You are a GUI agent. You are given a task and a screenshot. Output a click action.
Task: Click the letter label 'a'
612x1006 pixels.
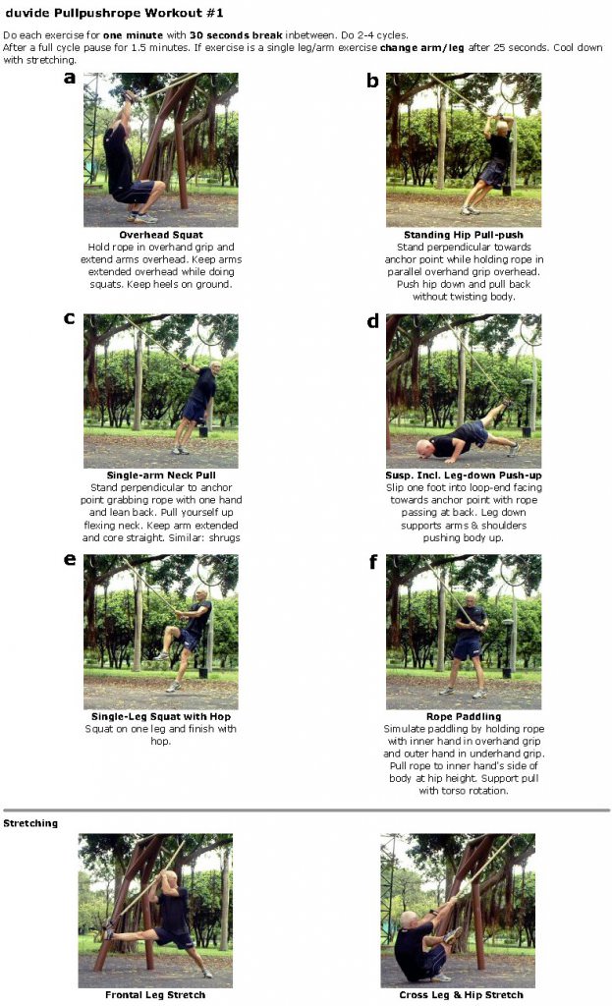click(x=69, y=79)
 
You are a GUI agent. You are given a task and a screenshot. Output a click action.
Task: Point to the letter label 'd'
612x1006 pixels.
click(x=372, y=321)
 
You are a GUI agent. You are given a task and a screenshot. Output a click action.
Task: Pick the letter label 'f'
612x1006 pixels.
click(x=372, y=562)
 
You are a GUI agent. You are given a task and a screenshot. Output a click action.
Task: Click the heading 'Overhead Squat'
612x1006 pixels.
click(x=161, y=236)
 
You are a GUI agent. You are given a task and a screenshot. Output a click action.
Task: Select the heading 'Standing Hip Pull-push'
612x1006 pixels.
click(x=463, y=236)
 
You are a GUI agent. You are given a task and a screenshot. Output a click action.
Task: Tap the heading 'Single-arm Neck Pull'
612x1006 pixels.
click(x=161, y=475)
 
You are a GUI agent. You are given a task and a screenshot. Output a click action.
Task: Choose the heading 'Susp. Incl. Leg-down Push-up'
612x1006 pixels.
click(x=463, y=475)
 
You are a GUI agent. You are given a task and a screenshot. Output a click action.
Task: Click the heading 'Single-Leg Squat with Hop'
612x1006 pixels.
click(x=161, y=717)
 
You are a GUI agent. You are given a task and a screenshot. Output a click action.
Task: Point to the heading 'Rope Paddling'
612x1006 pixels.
click(x=463, y=717)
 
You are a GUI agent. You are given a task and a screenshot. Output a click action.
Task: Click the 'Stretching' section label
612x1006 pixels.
click(x=30, y=823)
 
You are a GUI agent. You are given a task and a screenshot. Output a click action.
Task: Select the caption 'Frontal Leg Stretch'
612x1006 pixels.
click(x=155, y=995)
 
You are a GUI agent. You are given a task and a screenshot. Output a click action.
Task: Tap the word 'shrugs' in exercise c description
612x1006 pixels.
click(x=222, y=538)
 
